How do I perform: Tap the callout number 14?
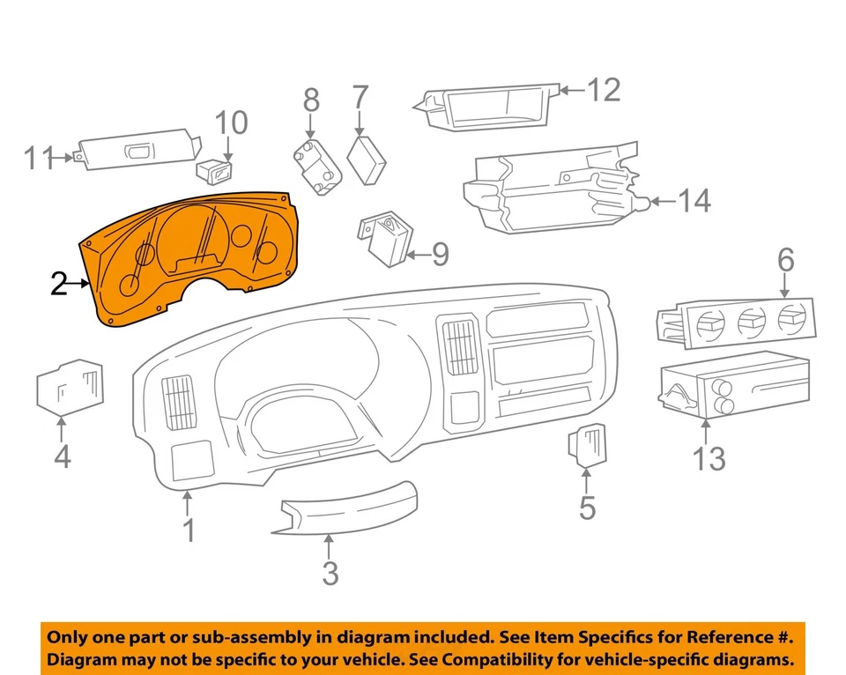tap(694, 202)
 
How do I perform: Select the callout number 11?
tap(40, 159)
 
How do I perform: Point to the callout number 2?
tap(59, 284)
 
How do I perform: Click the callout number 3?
tap(330, 574)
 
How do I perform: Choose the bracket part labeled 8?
tap(316, 167)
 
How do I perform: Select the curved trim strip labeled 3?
tap(349, 509)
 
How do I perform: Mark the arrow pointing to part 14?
tap(664, 202)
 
